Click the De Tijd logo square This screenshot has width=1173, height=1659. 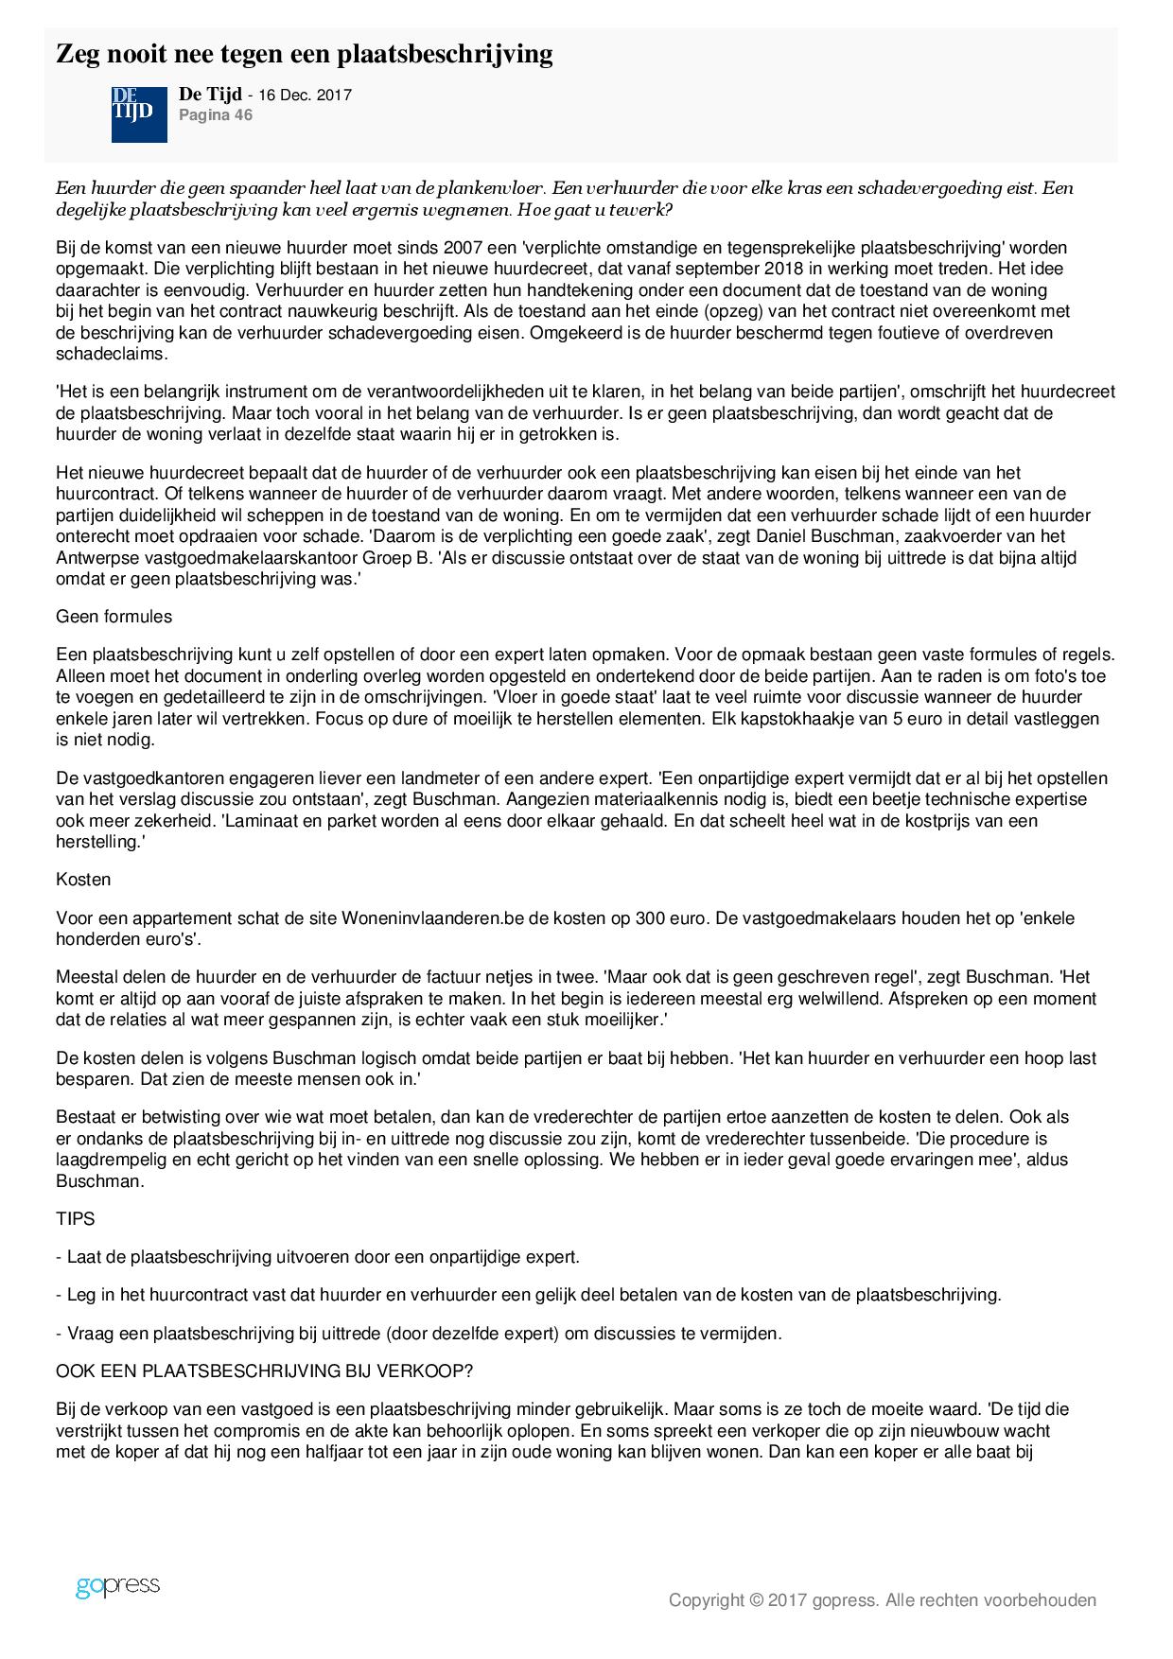[139, 114]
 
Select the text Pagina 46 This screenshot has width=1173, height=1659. [216, 115]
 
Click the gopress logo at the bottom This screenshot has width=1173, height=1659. [117, 1586]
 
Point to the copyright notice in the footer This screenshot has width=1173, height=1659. [882, 1600]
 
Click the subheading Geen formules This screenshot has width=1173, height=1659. [114, 617]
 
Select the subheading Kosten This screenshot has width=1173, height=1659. [83, 880]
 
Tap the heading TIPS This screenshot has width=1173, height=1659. [76, 1219]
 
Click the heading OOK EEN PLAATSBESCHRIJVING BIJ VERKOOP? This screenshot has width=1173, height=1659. [264, 1371]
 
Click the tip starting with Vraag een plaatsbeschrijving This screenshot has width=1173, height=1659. [419, 1334]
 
